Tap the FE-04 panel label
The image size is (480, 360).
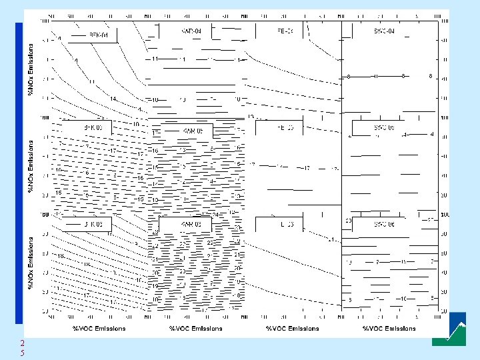tap(285, 31)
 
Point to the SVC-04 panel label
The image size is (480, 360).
tap(384, 31)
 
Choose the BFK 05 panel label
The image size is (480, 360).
tap(93, 127)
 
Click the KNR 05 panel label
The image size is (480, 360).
tap(195, 130)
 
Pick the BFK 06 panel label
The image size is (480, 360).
tap(93, 225)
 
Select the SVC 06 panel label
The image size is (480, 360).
tap(384, 225)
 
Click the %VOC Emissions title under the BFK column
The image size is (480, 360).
tap(99, 328)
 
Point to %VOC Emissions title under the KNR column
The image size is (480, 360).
tap(195, 328)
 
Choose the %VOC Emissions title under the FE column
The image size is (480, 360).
tap(292, 328)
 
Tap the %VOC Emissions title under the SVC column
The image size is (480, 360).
tap(389, 328)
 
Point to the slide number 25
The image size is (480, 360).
tap(21, 347)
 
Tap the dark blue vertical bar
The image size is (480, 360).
tap(19, 167)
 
